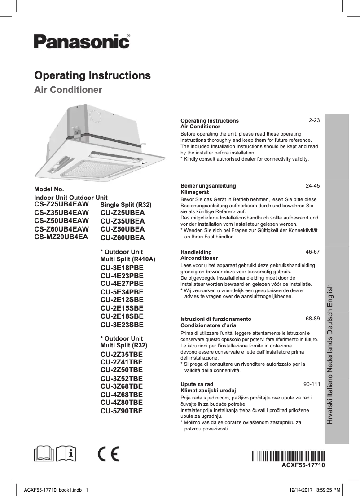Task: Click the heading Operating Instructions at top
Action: (92, 75)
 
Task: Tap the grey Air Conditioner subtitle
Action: (68, 90)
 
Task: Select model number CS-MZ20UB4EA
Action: (61, 237)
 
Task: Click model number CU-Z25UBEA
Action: (123, 213)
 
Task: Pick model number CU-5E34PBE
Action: (122, 292)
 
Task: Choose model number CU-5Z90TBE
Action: (122, 410)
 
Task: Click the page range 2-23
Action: (314, 121)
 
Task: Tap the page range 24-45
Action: (312, 185)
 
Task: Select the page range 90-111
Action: (312, 385)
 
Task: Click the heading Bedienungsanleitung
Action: (208, 185)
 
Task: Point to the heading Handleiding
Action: (196, 252)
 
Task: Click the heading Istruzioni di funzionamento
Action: (215, 319)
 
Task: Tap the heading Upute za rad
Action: (197, 385)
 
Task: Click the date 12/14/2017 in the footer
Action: (299, 490)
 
